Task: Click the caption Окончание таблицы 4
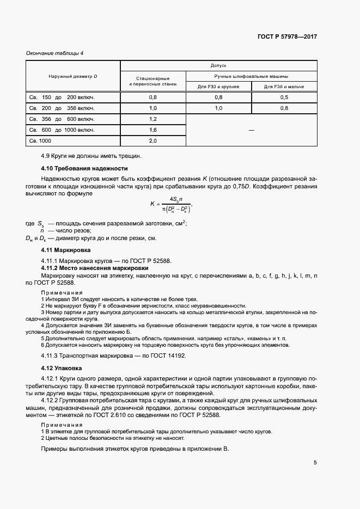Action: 55,53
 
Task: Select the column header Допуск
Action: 218,65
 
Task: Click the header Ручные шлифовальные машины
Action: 251,76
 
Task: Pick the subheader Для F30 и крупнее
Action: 218,87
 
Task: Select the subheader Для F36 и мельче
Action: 284,87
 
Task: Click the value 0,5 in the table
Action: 284,97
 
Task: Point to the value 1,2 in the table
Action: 152,119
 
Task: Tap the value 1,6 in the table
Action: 152,130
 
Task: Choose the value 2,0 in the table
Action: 152,141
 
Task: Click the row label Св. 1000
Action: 41,141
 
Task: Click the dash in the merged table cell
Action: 251,130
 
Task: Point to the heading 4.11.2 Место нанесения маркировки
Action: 95,268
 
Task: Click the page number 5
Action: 315,463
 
